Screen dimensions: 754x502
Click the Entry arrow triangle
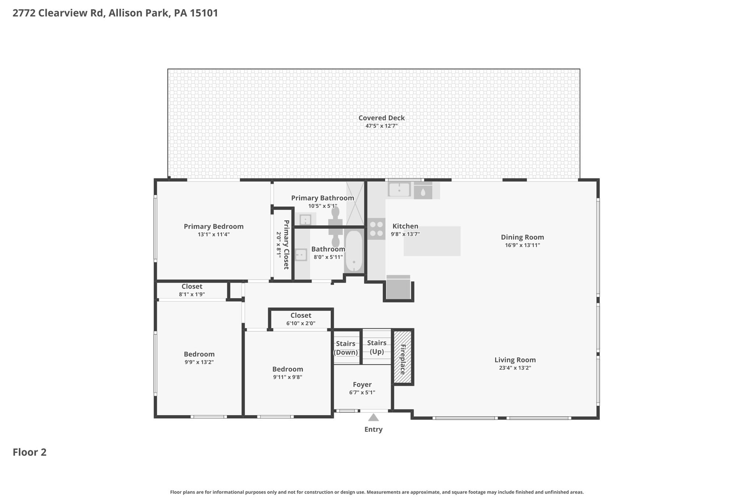click(x=373, y=417)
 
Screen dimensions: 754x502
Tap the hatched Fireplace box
click(x=402, y=357)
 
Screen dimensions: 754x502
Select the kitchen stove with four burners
click(x=376, y=229)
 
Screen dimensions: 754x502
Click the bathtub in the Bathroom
click(x=354, y=251)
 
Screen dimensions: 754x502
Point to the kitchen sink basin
click(x=399, y=190)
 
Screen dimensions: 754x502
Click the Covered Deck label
click(x=381, y=118)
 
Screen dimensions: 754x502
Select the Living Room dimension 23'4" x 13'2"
click(x=515, y=368)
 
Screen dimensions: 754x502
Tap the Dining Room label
click(x=522, y=237)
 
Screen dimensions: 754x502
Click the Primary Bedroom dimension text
click(x=214, y=234)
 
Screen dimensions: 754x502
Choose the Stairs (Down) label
click(x=346, y=348)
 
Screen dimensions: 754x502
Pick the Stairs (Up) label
click(x=377, y=347)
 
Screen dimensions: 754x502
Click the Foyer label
click(x=362, y=384)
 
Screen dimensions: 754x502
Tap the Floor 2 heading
click(x=29, y=452)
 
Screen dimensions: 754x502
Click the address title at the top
click(x=115, y=13)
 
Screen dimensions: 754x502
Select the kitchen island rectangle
click(x=432, y=241)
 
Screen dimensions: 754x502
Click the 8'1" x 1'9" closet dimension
click(x=192, y=294)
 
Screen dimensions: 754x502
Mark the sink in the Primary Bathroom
click(x=306, y=220)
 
